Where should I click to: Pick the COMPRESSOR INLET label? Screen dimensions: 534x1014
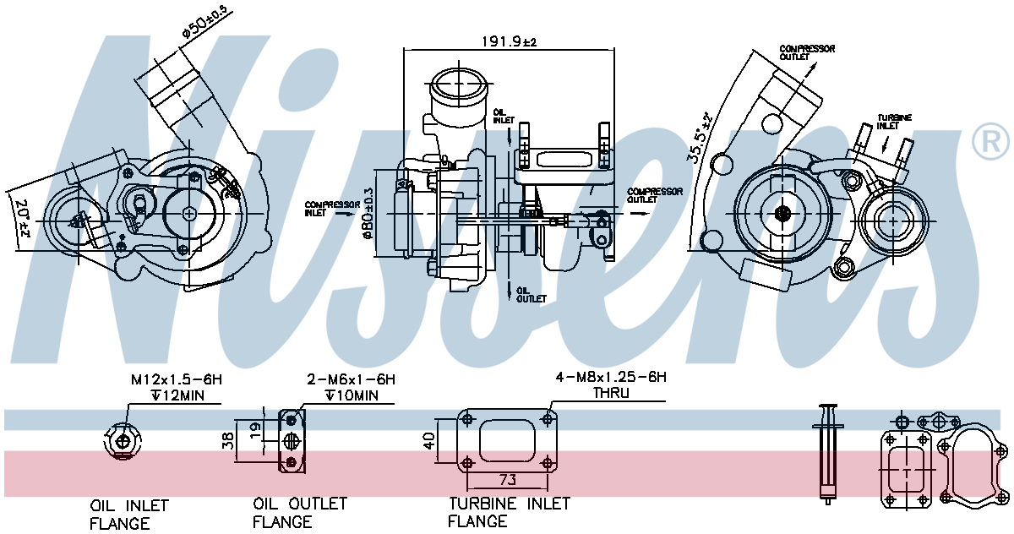[x=324, y=209]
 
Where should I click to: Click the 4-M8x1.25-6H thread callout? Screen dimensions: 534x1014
[x=610, y=378]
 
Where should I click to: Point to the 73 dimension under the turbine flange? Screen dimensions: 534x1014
[x=507, y=480]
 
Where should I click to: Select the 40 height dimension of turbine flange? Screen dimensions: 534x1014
[x=428, y=440]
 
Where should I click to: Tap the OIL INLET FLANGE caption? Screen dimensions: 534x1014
[x=129, y=515]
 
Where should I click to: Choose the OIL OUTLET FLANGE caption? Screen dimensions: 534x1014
[x=299, y=513]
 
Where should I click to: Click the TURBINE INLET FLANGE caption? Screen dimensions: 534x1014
[x=509, y=512]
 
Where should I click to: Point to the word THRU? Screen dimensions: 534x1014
[x=610, y=393]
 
